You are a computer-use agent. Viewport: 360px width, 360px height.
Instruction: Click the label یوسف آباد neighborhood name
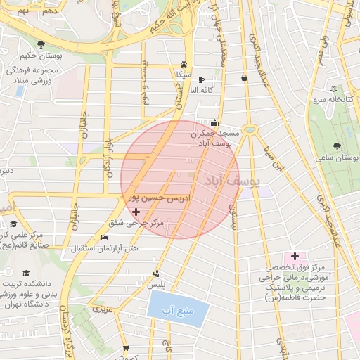click(x=231, y=181)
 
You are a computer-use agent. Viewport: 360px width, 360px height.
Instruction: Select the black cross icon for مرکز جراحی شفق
click(x=136, y=212)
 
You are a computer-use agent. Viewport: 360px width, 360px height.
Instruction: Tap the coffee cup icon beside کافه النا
click(x=202, y=79)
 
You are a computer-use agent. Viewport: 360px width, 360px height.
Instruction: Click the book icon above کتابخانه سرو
click(x=333, y=89)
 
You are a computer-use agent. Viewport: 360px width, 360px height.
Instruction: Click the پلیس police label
click(x=155, y=285)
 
